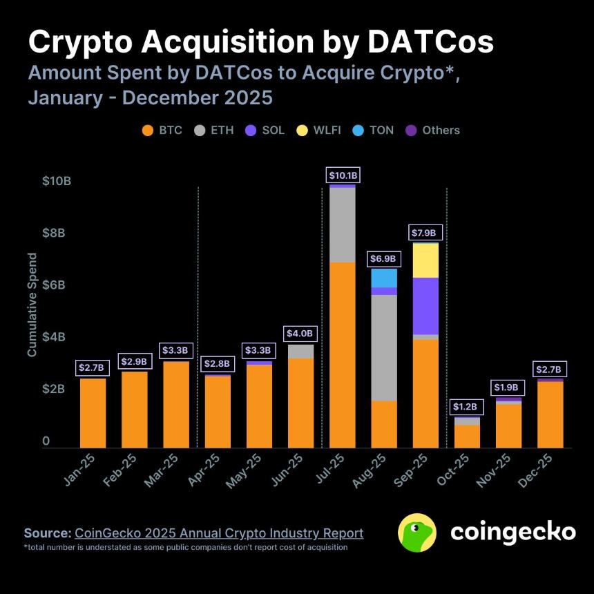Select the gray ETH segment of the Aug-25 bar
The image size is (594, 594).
[384, 347]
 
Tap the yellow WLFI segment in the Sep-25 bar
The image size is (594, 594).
[425, 260]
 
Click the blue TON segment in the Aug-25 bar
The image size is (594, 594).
[384, 278]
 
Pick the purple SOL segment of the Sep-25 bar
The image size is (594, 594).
[425, 305]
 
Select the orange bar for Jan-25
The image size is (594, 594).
[93, 413]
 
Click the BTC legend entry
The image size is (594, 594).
[162, 130]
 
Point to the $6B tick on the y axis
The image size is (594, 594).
[57, 285]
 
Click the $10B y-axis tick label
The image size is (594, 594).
[57, 181]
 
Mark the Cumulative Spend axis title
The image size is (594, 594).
[32, 305]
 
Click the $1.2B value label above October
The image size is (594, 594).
[467, 407]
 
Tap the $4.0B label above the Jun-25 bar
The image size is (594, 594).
[300, 334]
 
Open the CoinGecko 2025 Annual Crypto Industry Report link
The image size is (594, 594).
[218, 533]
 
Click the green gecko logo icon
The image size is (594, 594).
[417, 533]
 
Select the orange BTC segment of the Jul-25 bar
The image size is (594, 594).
[343, 355]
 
